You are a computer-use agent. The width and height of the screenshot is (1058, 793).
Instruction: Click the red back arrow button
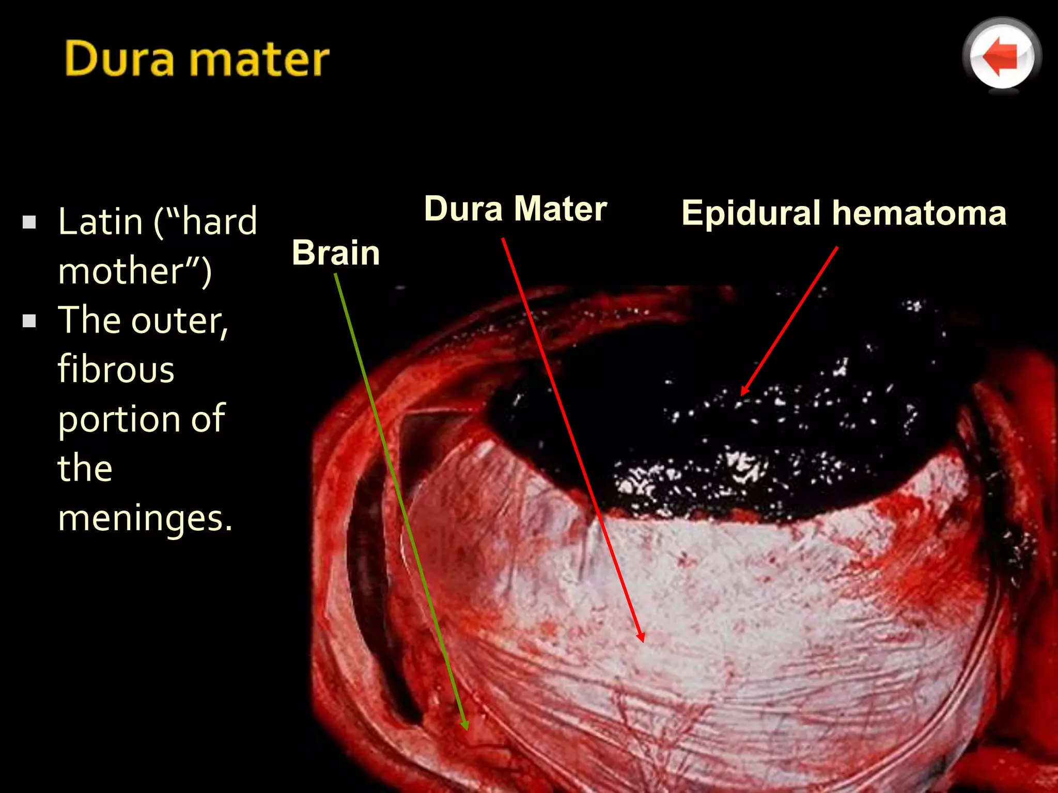pos(1002,56)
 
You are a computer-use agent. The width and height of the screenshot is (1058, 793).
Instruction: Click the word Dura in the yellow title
pos(119,59)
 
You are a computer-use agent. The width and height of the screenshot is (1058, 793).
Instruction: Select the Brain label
pos(336,253)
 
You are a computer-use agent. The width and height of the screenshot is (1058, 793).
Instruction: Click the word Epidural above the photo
pos(751,213)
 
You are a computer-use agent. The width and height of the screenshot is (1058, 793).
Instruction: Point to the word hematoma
pos(920,213)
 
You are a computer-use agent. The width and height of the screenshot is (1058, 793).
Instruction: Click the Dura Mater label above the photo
pos(515,209)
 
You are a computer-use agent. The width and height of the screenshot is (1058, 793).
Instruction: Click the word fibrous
pos(116,370)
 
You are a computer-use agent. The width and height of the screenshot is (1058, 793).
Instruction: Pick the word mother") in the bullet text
pos(135,271)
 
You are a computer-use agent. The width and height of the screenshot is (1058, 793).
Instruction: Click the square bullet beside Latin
pos(29,223)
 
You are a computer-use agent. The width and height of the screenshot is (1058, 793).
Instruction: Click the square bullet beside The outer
pos(29,321)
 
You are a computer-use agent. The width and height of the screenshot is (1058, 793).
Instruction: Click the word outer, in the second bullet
pos(179,321)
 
